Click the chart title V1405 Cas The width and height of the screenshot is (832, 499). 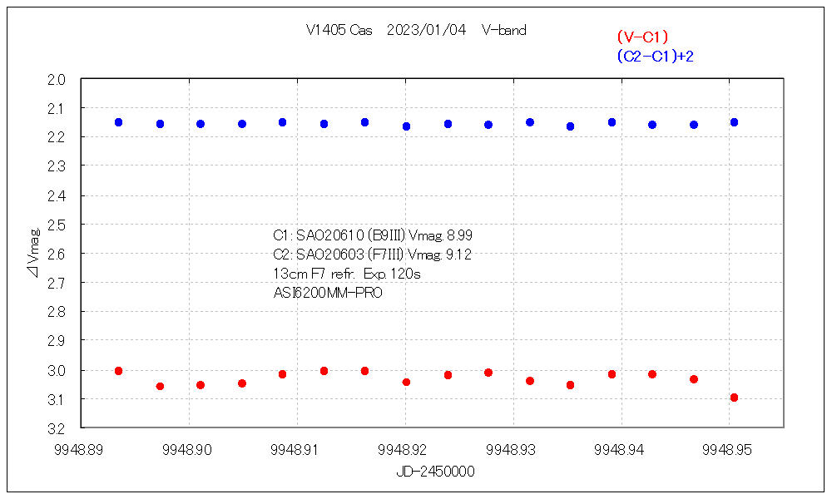[x=339, y=31]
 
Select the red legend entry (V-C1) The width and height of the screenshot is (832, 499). [x=642, y=37]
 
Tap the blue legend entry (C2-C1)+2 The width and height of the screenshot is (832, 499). [x=656, y=56]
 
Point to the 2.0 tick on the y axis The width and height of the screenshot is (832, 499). [x=68, y=80]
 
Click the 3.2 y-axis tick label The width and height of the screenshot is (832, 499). [x=68, y=428]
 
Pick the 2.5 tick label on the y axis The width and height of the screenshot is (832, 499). [x=68, y=225]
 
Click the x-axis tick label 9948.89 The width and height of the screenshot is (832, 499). [x=79, y=450]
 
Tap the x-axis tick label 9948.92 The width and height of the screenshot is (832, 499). [x=404, y=450]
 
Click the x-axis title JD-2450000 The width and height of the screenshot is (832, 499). [x=436, y=472]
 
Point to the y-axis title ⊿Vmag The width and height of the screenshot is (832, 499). [x=33, y=254]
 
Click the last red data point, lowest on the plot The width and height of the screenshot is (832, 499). [x=734, y=398]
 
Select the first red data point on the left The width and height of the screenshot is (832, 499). [x=118, y=371]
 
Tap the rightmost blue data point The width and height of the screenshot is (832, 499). [x=734, y=122]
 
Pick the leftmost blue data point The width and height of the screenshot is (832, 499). [x=118, y=122]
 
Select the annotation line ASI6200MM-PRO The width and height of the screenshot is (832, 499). [x=328, y=293]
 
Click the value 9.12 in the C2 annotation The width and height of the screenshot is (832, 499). [x=458, y=254]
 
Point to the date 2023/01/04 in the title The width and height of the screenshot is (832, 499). [x=427, y=31]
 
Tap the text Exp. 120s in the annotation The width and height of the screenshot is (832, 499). [x=398, y=274]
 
